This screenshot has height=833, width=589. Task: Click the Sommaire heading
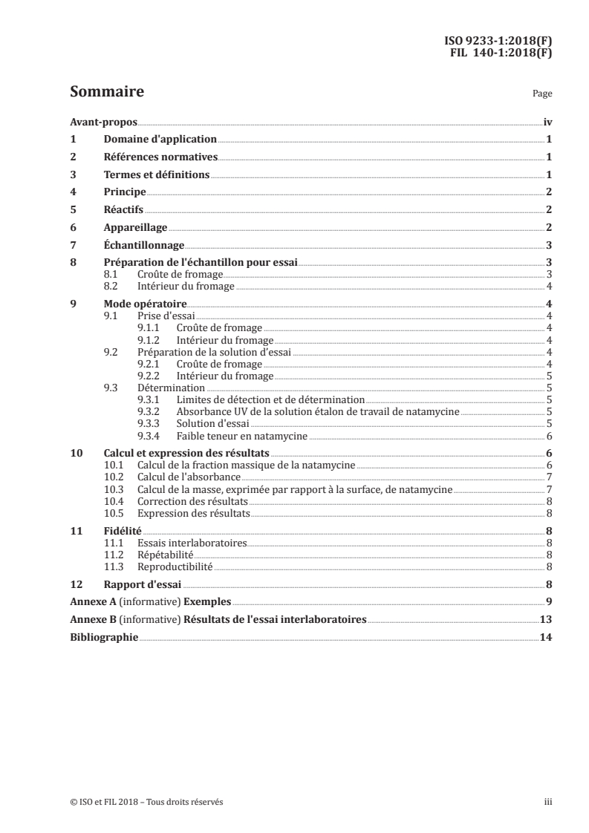coord(106,92)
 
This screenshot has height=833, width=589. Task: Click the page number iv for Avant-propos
coord(547,122)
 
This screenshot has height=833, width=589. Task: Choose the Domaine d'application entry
coord(160,140)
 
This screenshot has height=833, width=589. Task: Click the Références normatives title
coord(160,157)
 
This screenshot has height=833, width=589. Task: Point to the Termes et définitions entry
coord(156,175)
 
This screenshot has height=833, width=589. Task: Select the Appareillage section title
coord(135,228)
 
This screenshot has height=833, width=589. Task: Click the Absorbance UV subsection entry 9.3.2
coord(318,411)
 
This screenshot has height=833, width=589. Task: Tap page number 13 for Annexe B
coord(546,619)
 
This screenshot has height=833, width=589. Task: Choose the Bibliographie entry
coord(103,637)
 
